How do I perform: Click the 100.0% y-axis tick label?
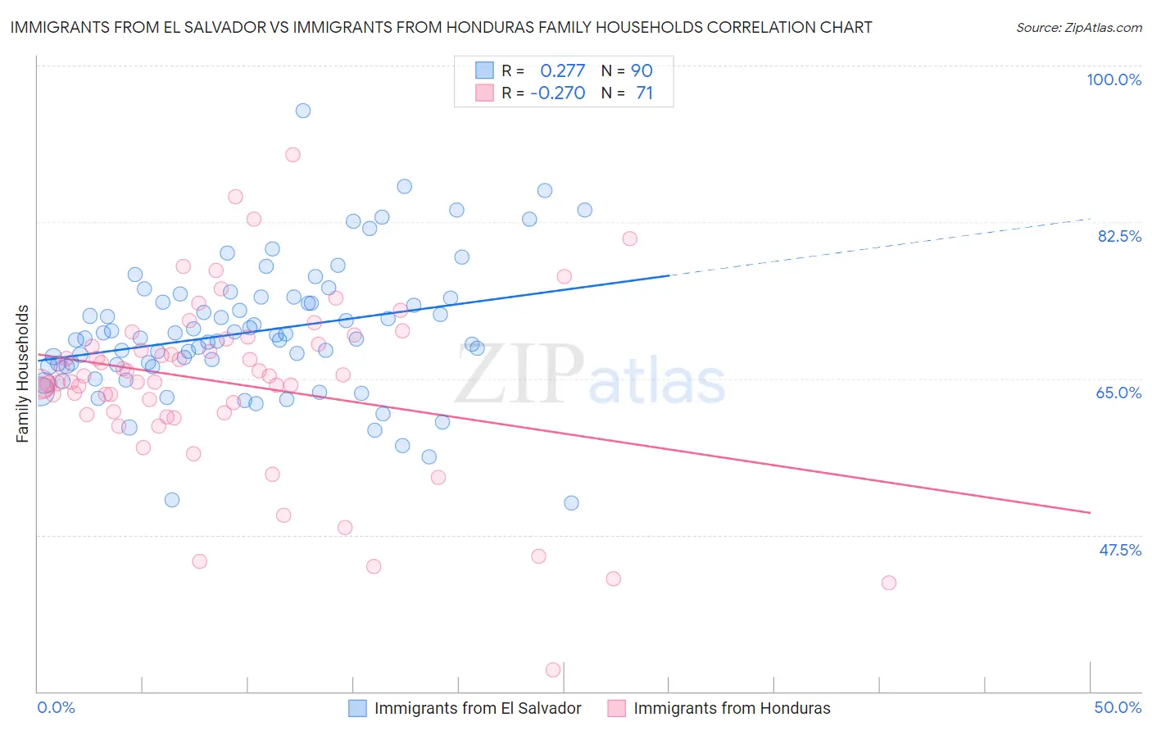[1113, 79]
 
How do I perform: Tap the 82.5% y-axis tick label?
[1119, 236]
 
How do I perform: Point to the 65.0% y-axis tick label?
[1118, 393]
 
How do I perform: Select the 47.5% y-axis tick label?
[1119, 550]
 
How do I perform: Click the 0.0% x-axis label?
[57, 707]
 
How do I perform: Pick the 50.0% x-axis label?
[1118, 707]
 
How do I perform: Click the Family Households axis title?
[23, 374]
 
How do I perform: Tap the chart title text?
[441, 27]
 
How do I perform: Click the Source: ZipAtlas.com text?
[1078, 27]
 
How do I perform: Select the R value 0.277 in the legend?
[562, 70]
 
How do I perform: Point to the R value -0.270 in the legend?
[558, 93]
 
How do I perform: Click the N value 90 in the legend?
[642, 70]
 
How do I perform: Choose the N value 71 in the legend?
[645, 93]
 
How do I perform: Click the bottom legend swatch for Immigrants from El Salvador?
[358, 708]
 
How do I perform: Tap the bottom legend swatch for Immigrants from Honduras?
[617, 708]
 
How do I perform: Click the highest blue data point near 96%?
[303, 111]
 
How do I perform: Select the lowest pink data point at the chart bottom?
[553, 670]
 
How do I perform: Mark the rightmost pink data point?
[889, 583]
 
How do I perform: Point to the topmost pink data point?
[293, 155]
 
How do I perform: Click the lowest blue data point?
[571, 503]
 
